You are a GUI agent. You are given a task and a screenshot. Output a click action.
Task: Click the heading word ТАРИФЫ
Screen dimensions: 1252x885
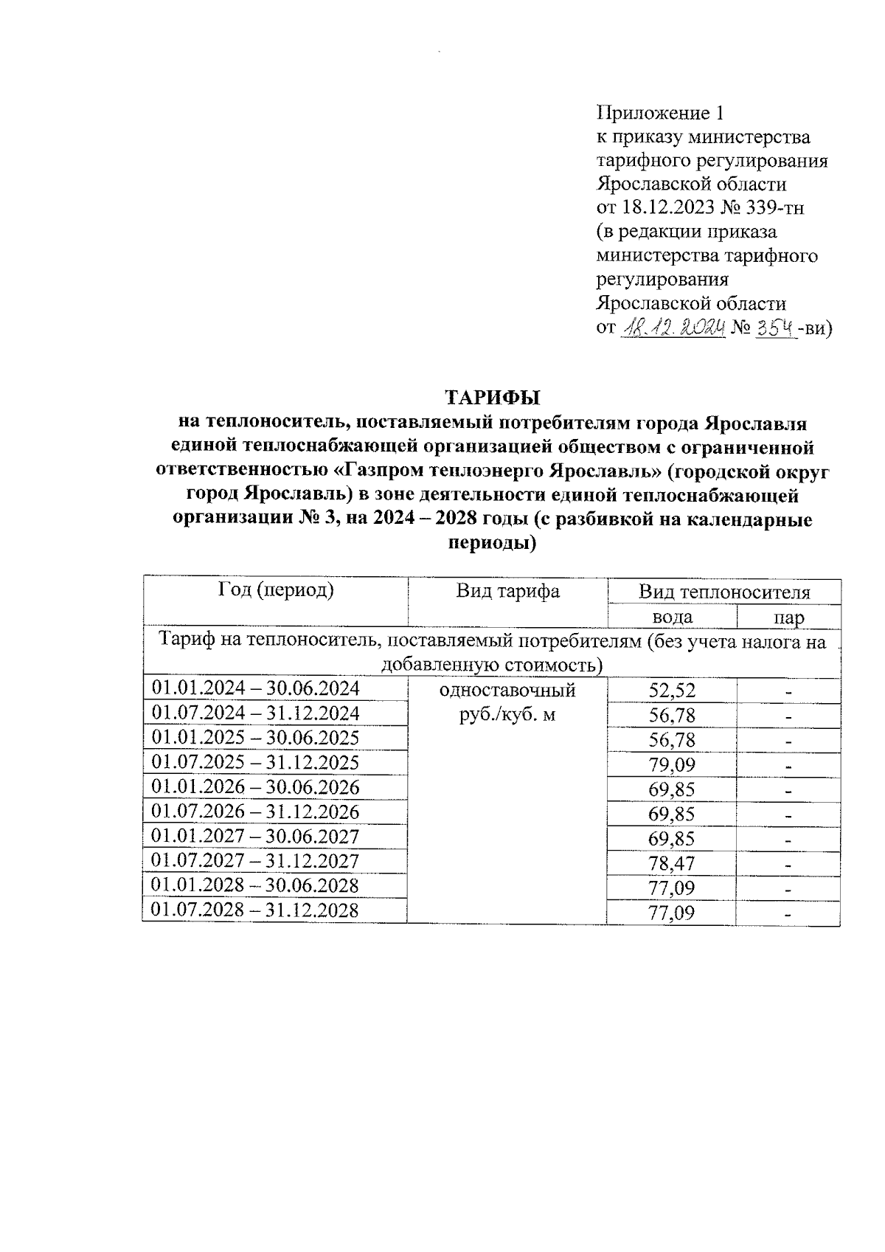point(492,397)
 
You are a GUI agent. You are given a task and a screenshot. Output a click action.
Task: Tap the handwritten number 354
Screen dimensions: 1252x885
point(774,327)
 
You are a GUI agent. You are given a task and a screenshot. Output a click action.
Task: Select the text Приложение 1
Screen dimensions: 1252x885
point(660,113)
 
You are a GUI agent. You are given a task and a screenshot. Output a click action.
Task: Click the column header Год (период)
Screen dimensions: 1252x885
point(276,590)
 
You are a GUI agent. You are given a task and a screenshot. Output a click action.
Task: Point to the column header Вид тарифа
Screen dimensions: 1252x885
point(507,591)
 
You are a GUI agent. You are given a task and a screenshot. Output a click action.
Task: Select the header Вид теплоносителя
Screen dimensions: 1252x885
point(723,592)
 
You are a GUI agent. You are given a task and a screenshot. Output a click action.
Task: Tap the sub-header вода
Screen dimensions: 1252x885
point(672,617)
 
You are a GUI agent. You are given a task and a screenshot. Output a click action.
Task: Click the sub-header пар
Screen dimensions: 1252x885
point(788,618)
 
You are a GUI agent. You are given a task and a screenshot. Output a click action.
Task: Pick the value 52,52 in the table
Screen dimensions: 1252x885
point(672,691)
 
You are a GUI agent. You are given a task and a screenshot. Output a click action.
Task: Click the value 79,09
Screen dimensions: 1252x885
point(672,765)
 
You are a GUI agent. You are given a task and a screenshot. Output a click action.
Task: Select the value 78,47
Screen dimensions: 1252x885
point(672,863)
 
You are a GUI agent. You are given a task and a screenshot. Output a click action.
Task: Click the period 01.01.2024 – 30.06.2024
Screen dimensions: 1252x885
point(255,688)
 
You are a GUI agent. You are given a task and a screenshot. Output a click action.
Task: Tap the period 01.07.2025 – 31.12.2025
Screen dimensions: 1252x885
point(255,762)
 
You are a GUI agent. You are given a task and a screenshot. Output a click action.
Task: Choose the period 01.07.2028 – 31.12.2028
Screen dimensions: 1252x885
point(255,910)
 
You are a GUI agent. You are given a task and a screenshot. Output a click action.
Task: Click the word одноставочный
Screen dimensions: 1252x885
point(507,691)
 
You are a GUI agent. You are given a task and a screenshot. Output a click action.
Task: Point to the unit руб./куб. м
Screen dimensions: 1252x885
point(507,715)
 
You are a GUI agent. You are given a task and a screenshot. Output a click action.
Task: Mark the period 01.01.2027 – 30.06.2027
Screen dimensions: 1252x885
point(255,836)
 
